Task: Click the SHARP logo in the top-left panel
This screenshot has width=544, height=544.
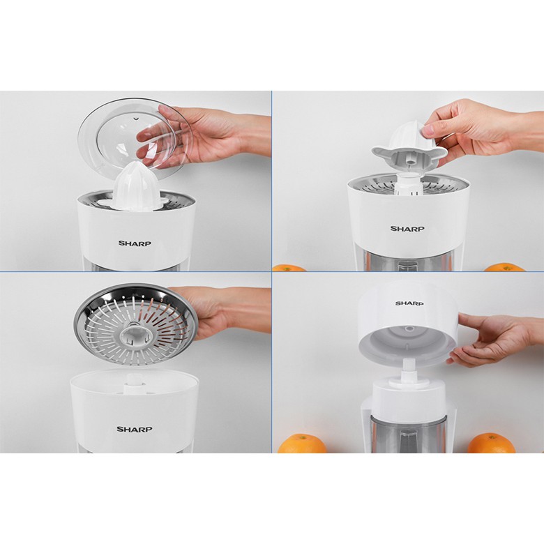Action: pos(135,243)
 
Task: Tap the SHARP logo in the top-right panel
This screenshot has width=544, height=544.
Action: pos(407,229)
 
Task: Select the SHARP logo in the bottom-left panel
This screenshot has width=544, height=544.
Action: pos(135,429)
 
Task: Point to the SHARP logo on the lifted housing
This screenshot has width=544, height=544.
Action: pos(409,303)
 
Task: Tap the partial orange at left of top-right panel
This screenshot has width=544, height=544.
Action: pos(289,269)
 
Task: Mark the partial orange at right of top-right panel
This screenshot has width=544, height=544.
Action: pos(504,267)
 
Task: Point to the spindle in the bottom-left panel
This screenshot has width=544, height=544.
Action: pos(135,380)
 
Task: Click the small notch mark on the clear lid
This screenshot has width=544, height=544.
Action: pos(136,119)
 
